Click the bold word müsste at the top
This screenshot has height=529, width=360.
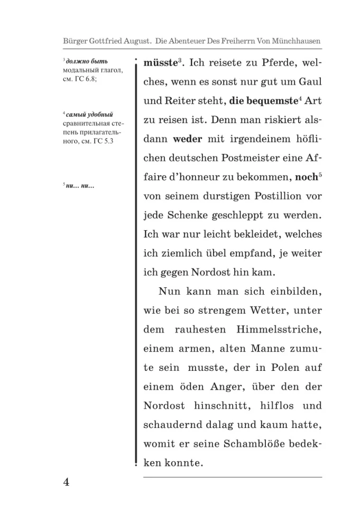tap(159, 63)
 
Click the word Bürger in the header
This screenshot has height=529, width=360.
tap(76, 41)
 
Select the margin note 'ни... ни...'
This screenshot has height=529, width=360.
tap(80, 185)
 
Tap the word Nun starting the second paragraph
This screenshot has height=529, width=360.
tap(170, 292)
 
